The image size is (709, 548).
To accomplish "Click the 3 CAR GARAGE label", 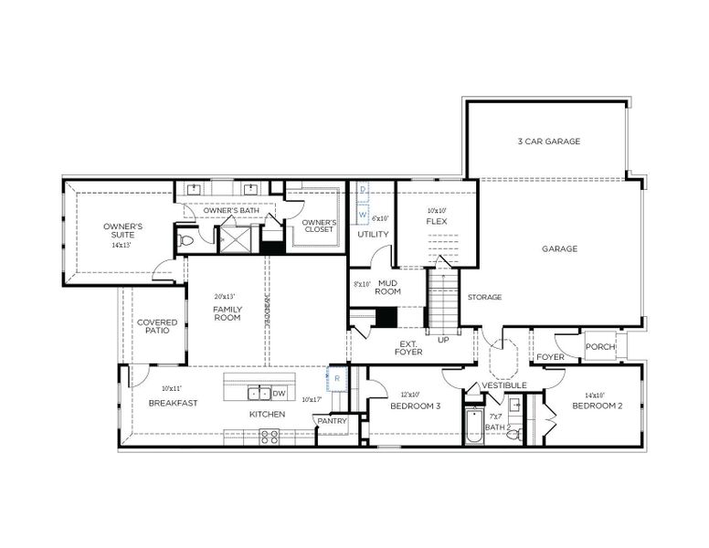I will pyautogui.click(x=549, y=142).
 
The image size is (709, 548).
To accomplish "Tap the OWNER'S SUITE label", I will pyautogui.click(x=122, y=230).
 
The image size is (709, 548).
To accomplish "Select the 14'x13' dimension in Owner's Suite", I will pyautogui.click(x=122, y=245).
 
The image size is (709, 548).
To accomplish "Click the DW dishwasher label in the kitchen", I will pyautogui.click(x=280, y=394).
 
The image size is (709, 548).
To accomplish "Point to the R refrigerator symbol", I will pyautogui.click(x=336, y=377).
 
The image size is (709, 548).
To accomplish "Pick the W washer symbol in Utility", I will pyautogui.click(x=363, y=215).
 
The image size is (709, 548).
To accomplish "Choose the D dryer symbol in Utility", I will pyautogui.click(x=363, y=190).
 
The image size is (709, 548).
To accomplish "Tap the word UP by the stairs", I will pyautogui.click(x=443, y=339).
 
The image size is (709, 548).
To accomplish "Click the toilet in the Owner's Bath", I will pyautogui.click(x=186, y=241).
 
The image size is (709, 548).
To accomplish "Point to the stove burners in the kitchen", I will pyautogui.click(x=270, y=437).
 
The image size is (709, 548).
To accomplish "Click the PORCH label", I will pyautogui.click(x=599, y=347).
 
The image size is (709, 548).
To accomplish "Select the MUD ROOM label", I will pyautogui.click(x=388, y=288).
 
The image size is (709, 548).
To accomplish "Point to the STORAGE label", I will pyautogui.click(x=484, y=297).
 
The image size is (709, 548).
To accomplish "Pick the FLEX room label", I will pyautogui.click(x=436, y=221).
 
